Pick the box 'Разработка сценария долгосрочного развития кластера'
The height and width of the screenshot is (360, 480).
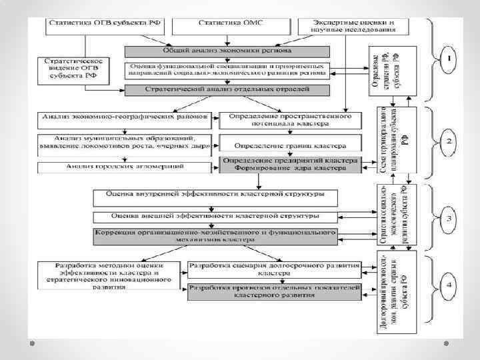pyautogui.click(x=275, y=269)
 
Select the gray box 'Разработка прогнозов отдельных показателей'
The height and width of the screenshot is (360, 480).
pyautogui.click(x=275, y=290)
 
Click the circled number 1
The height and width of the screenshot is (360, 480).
pyautogui.click(x=449, y=59)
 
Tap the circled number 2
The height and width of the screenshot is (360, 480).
pyautogui.click(x=449, y=141)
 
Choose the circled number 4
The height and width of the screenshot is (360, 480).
pyautogui.click(x=449, y=287)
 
